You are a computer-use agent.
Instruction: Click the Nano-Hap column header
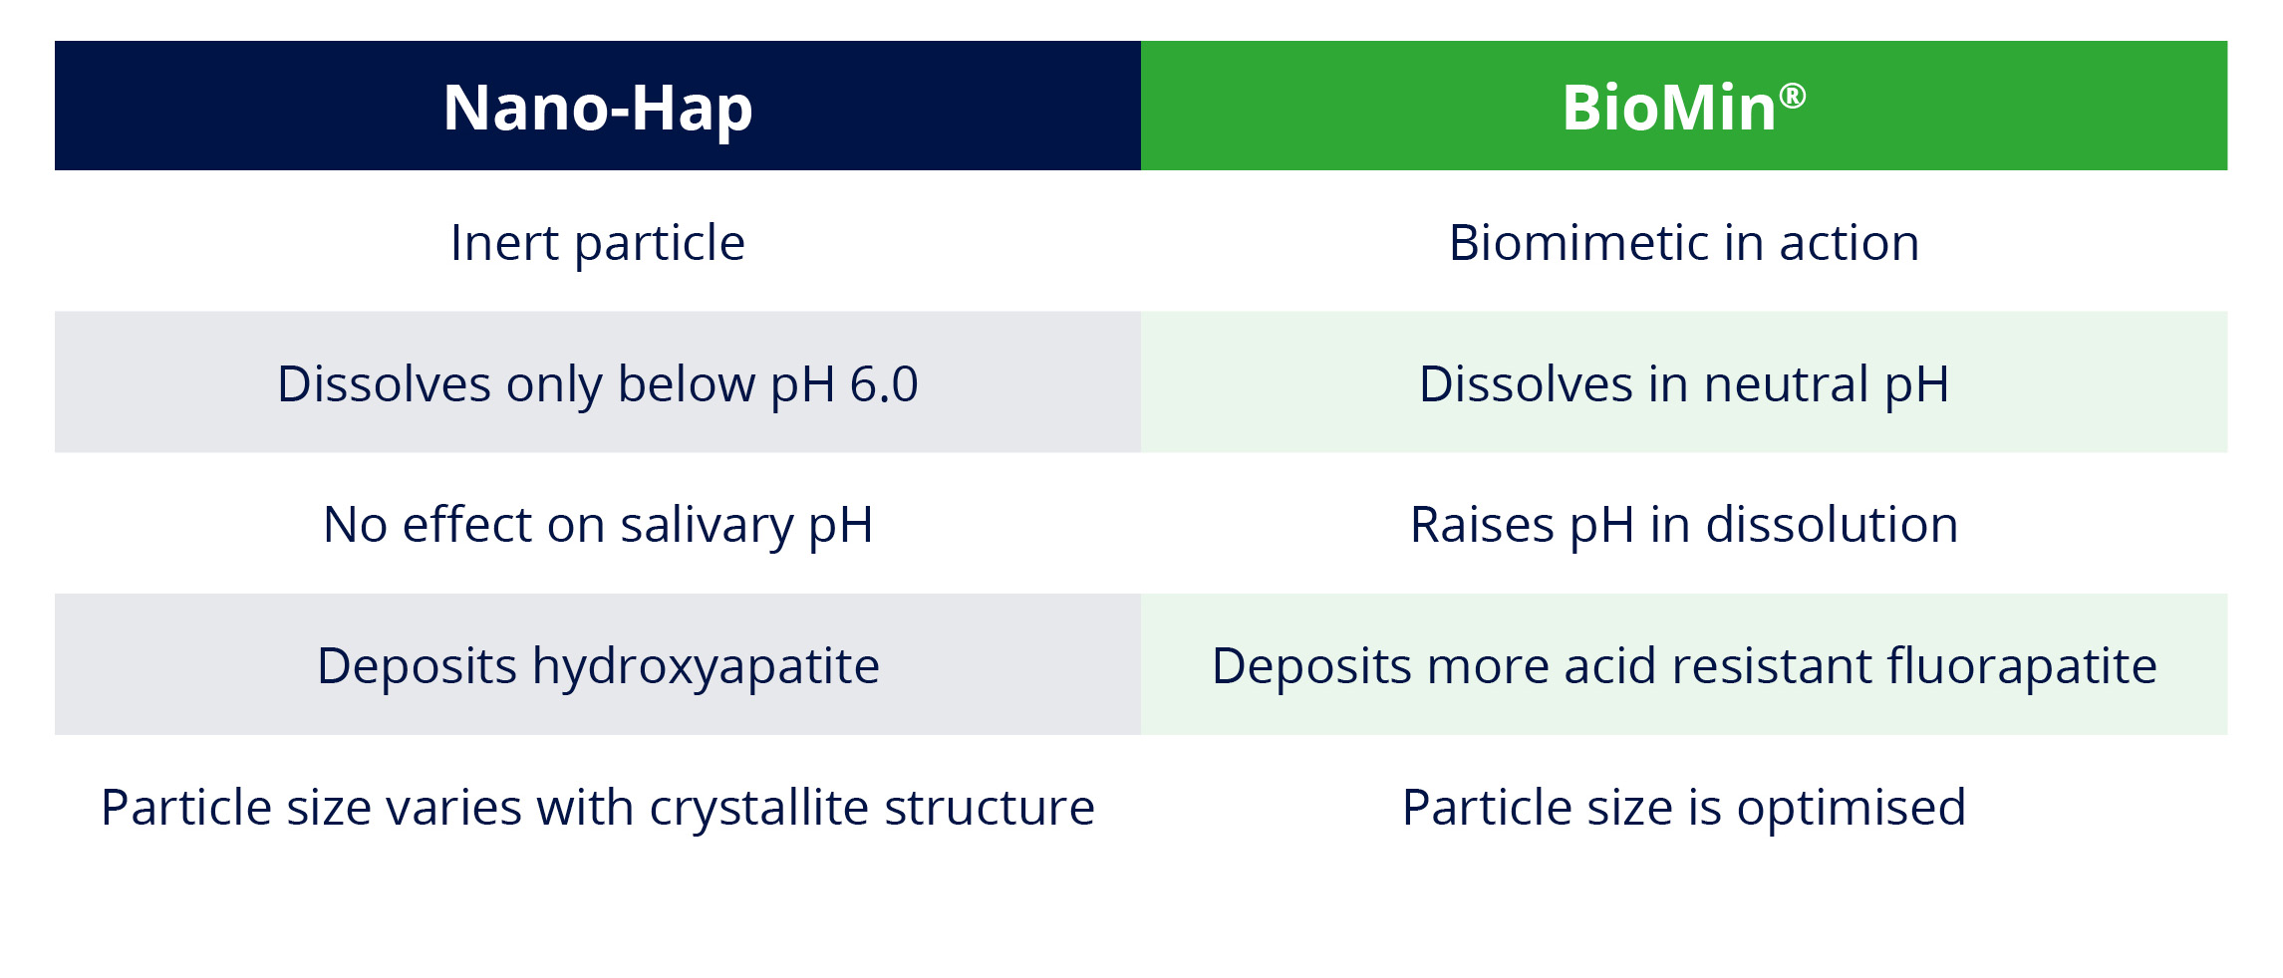coord(598,107)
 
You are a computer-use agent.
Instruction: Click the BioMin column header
coord(1683,107)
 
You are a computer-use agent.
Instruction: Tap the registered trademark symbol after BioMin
coord(1793,96)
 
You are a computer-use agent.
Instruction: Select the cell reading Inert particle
coord(598,243)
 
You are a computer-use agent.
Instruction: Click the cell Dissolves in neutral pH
coord(1683,384)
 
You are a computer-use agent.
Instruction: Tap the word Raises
coord(1482,525)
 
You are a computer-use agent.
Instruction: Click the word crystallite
coord(758,808)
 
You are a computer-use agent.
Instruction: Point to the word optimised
coord(1851,808)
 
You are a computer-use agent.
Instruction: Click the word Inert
coord(504,243)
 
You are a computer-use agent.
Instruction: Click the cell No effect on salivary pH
coord(598,526)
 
